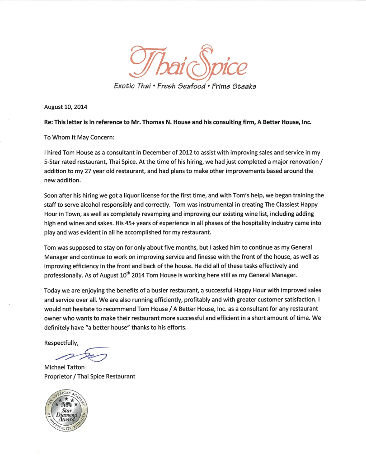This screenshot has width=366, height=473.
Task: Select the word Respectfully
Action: [61, 343]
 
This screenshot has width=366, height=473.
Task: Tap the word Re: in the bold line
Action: [48, 122]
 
